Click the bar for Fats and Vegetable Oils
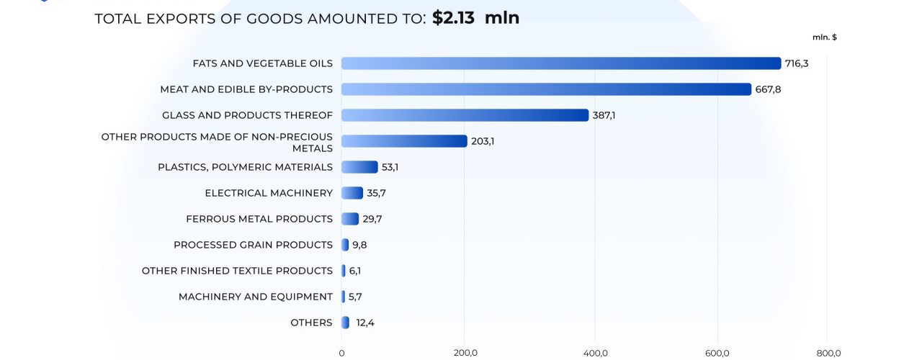tap(560, 63)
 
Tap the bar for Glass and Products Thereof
tap(465, 115)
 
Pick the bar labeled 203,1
tap(404, 141)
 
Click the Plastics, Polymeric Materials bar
tap(359, 167)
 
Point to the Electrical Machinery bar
tap(352, 193)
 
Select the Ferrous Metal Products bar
tap(350, 219)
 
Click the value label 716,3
tap(797, 63)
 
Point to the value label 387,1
tap(606, 115)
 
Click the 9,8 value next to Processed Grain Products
tap(359, 245)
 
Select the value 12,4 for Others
tap(365, 323)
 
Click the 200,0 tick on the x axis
tap(465, 353)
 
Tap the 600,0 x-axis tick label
tap(717, 353)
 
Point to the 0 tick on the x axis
tap(341, 353)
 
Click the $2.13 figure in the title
tap(454, 18)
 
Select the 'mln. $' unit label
tap(824, 37)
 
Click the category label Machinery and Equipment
tap(256, 297)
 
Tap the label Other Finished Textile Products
tap(237, 271)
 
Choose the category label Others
tap(311, 323)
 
